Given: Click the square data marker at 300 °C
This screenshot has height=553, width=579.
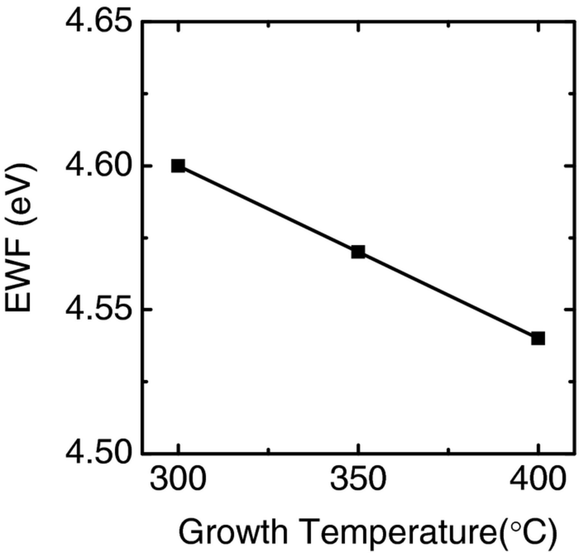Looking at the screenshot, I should [178, 166].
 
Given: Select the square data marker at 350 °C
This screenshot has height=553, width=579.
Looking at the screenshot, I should [358, 252].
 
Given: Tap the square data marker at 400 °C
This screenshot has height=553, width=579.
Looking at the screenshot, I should [538, 339].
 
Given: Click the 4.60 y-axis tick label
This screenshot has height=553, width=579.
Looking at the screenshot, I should [98, 166].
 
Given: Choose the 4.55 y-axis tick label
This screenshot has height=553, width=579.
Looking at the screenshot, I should [98, 310].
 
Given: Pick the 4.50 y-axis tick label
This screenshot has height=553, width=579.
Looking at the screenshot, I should [98, 453].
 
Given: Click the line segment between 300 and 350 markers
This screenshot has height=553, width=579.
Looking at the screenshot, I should [268, 209].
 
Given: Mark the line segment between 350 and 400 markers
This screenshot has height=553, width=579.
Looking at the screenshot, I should [448, 295].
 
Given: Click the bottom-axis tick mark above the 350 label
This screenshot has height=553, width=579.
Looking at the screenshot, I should [357, 449].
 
